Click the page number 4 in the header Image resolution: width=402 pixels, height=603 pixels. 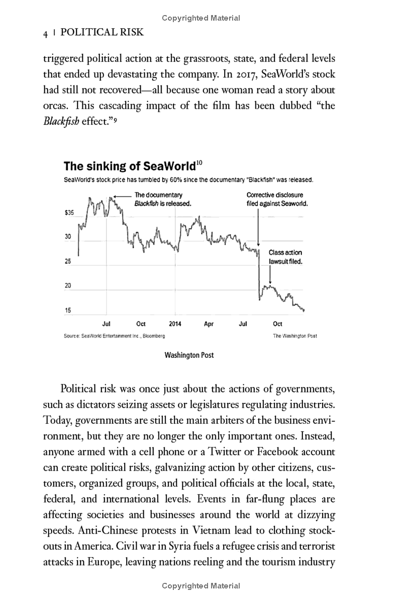click(x=45, y=33)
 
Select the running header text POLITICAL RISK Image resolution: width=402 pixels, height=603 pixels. click(x=102, y=33)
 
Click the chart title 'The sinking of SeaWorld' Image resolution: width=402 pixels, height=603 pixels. click(x=130, y=166)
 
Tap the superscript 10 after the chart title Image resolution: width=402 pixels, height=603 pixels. click(x=199, y=162)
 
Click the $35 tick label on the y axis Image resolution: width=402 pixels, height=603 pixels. click(x=69, y=213)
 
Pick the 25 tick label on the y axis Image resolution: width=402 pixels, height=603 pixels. click(x=68, y=262)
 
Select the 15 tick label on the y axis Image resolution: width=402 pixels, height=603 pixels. click(x=68, y=310)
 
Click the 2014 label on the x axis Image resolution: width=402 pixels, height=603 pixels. click(x=175, y=324)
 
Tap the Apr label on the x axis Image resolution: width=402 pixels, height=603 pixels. click(x=209, y=324)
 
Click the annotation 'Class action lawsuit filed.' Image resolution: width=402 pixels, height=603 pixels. click(x=285, y=257)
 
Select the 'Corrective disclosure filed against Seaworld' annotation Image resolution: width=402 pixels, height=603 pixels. click(x=276, y=199)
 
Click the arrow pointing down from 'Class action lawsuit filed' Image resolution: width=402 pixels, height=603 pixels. click(x=270, y=275)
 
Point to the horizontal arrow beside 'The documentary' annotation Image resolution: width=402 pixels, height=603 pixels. click(x=123, y=195)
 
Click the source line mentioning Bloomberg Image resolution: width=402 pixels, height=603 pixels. click(x=115, y=336)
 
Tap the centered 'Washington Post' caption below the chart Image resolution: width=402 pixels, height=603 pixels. click(x=189, y=355)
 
